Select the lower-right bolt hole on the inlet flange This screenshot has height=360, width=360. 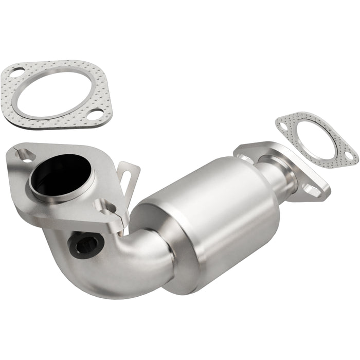point(109,207)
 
